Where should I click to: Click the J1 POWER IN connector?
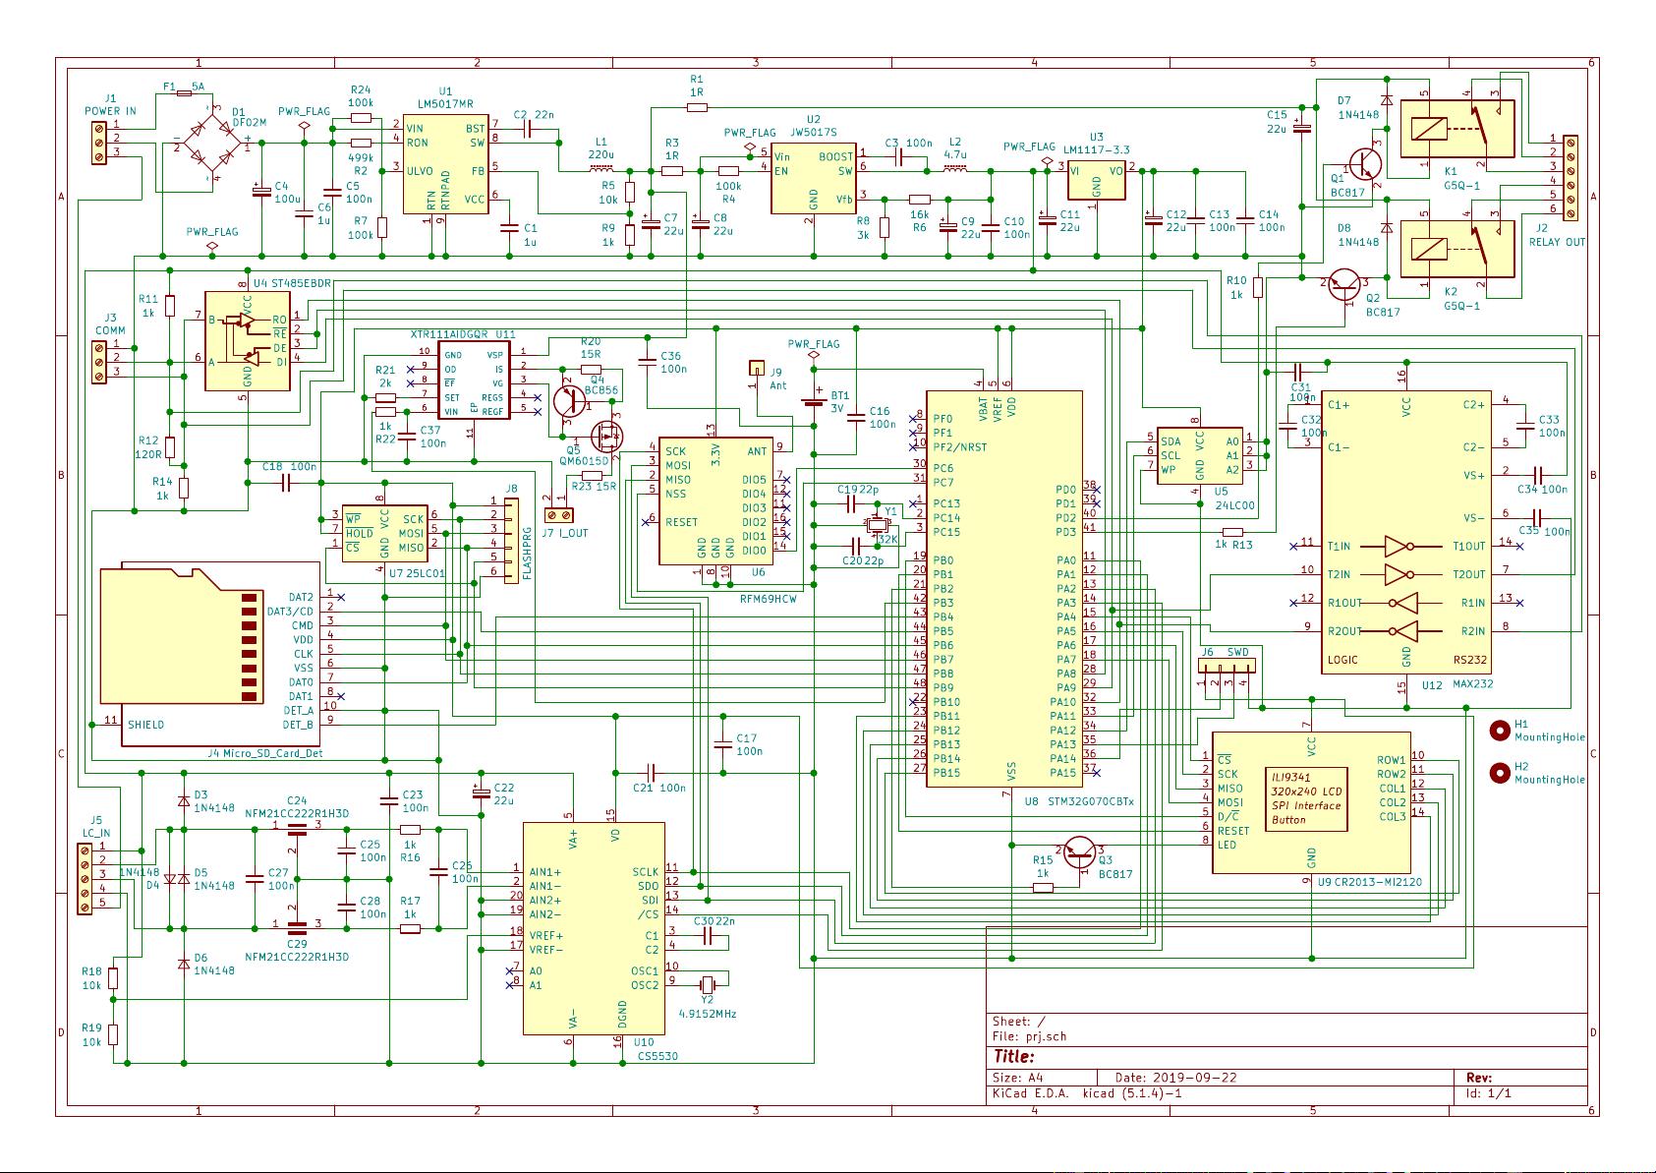(98, 139)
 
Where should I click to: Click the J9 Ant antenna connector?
(757, 369)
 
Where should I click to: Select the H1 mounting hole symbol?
(1500, 730)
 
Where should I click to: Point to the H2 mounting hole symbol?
(1500, 773)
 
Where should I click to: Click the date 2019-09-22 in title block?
(1194, 1077)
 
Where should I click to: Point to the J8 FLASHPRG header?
(510, 541)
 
